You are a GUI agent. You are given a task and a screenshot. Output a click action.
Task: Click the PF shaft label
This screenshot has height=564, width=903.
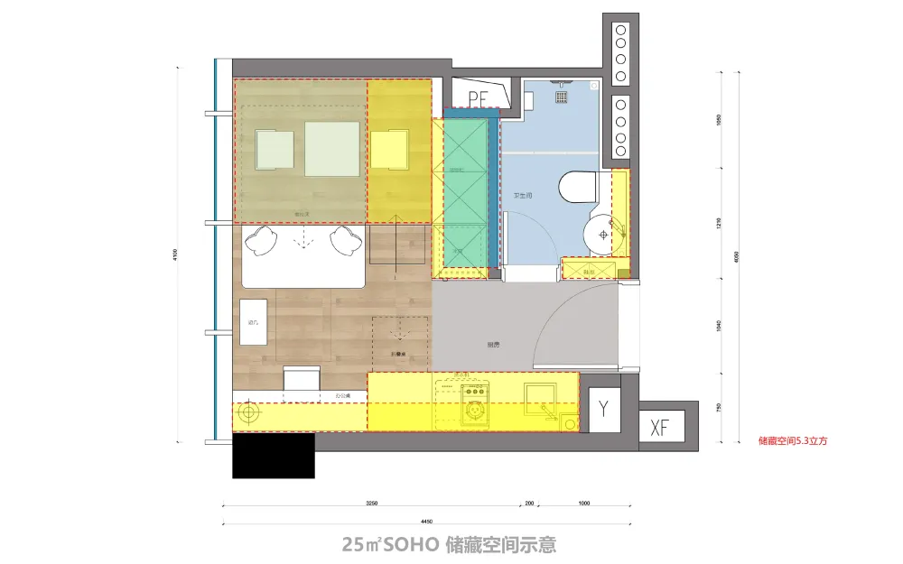[478, 95]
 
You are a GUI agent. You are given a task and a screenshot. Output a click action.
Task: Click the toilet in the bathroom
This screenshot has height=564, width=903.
[577, 188]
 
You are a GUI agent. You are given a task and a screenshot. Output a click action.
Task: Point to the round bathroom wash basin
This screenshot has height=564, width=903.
[603, 235]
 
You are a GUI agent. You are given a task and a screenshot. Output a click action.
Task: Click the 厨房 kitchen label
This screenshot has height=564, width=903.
[493, 345]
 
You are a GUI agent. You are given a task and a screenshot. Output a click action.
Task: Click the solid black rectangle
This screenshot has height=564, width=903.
[273, 456]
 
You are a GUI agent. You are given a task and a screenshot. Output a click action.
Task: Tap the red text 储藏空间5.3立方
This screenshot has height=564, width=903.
[793, 442]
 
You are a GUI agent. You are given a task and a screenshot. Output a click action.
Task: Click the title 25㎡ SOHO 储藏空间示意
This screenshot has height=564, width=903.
[449, 544]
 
